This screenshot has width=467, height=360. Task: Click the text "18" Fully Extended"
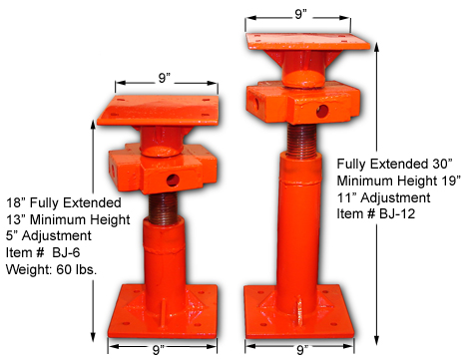tap(55, 198)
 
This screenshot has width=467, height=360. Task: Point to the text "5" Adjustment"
tap(48, 234)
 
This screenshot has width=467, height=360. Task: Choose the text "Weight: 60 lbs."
tap(49, 270)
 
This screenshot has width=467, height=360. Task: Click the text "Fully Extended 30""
tap(395, 163)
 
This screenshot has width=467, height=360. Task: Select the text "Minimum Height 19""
tap(396, 180)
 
